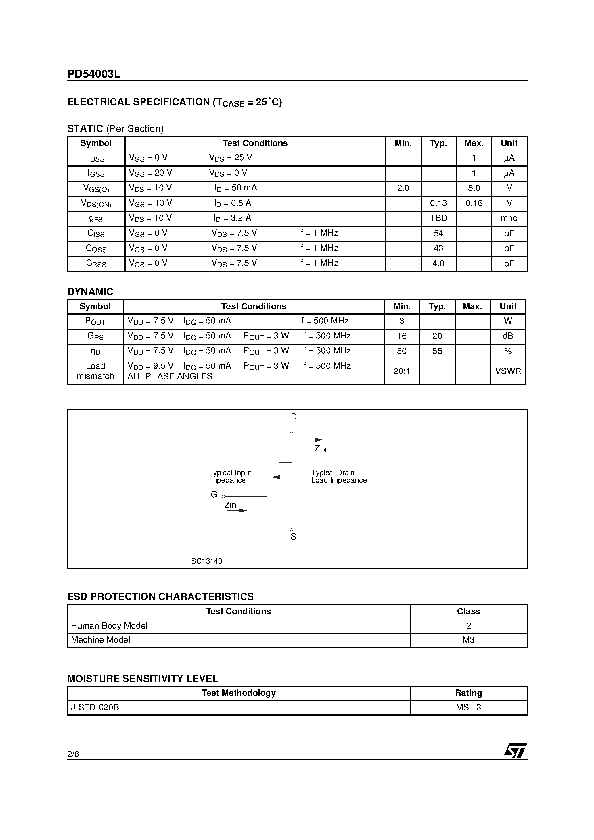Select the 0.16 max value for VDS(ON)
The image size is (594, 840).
point(474,203)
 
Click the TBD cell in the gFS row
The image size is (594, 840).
point(438,218)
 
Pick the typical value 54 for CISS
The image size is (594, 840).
point(438,234)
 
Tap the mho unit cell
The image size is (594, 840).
point(509,218)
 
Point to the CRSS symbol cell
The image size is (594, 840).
point(96,263)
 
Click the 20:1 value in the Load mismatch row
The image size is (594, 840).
point(401,371)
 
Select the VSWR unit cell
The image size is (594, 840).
point(508,371)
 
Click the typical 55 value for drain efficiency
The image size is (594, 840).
point(437,351)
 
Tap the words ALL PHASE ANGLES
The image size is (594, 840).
point(170,376)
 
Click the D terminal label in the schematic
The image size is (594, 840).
point(294,417)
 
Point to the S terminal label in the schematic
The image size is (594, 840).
point(293,537)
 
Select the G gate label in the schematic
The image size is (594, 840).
point(214,495)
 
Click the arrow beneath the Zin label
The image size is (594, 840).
point(237,510)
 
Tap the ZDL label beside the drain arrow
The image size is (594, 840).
point(321,449)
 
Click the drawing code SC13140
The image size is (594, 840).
point(206,561)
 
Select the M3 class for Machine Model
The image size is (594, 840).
point(468,640)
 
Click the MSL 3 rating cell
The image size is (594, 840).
point(468,708)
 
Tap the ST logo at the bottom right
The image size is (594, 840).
point(515,751)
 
